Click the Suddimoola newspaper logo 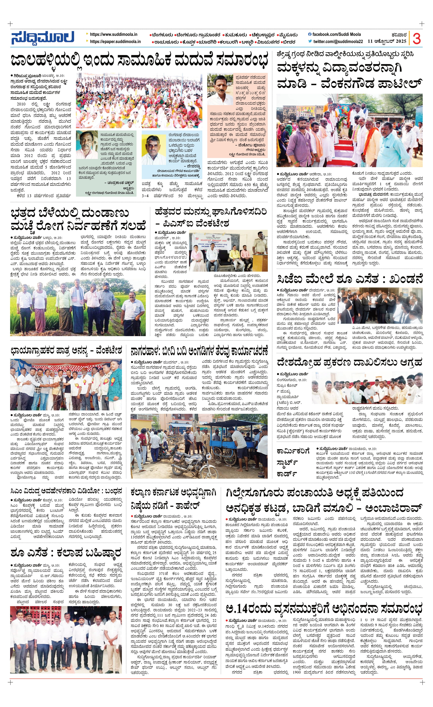tap(42, 38)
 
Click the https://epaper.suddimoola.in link tap(115, 42)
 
